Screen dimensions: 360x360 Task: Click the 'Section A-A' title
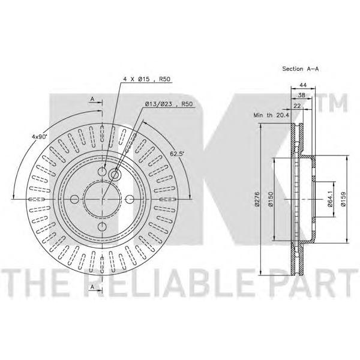click(301, 68)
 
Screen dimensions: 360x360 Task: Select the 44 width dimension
click(303, 85)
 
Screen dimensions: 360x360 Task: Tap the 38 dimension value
click(301, 95)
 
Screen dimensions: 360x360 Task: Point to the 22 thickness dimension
click(297, 106)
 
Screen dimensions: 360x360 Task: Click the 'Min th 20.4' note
click(271, 115)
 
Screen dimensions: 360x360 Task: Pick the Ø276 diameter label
click(257, 199)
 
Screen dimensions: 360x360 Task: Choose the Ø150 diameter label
click(271, 199)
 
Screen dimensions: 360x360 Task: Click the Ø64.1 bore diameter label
click(330, 199)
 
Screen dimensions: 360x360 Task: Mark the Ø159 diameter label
click(343, 199)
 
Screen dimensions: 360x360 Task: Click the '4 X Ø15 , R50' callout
click(147, 79)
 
